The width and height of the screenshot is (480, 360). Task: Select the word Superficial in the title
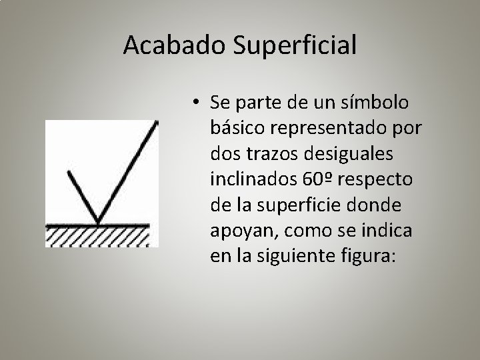[291, 45]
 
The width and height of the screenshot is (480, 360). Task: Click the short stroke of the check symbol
[83, 197]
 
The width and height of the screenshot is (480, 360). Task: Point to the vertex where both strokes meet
[99, 223]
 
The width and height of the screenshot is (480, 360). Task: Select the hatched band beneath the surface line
[100, 236]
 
